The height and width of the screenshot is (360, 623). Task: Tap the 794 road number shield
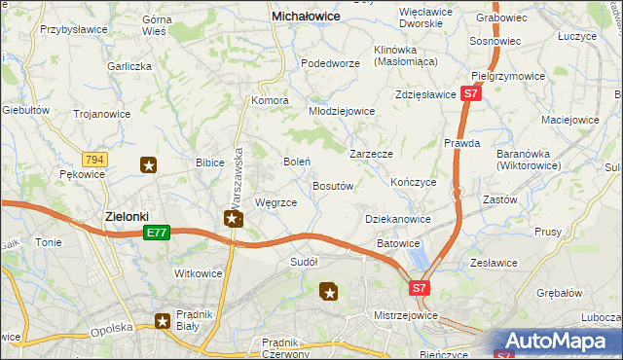(x=95, y=159)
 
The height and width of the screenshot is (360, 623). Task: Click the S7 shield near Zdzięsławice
(x=470, y=94)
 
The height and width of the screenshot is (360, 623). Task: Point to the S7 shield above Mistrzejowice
(x=419, y=288)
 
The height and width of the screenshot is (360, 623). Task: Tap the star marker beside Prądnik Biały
(x=162, y=322)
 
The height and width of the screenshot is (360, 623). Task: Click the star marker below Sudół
(x=329, y=291)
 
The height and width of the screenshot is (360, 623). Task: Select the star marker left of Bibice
(x=148, y=165)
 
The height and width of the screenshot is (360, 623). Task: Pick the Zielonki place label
(x=127, y=216)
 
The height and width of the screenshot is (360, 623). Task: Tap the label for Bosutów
(x=332, y=185)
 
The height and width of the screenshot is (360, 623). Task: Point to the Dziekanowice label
(x=397, y=220)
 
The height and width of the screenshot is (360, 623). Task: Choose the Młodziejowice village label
(x=342, y=111)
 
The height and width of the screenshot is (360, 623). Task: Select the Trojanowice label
(x=102, y=113)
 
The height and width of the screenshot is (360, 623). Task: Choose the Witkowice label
(x=199, y=274)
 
